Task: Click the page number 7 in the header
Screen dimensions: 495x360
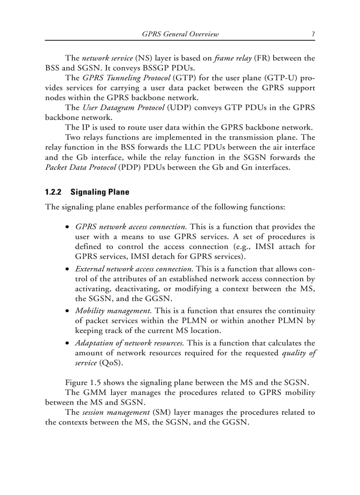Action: (x=313, y=34)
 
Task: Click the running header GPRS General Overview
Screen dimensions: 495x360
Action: (x=180, y=34)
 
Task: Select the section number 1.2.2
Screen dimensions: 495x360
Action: (x=54, y=192)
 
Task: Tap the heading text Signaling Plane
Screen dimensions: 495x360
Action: (x=100, y=192)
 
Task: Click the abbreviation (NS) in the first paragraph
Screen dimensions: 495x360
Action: (x=144, y=58)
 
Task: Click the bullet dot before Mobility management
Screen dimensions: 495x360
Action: (x=67, y=311)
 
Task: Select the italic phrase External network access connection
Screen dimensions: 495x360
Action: (x=134, y=268)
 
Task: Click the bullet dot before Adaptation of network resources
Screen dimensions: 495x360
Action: (x=67, y=343)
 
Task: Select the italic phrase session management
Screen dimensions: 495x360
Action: (x=116, y=413)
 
